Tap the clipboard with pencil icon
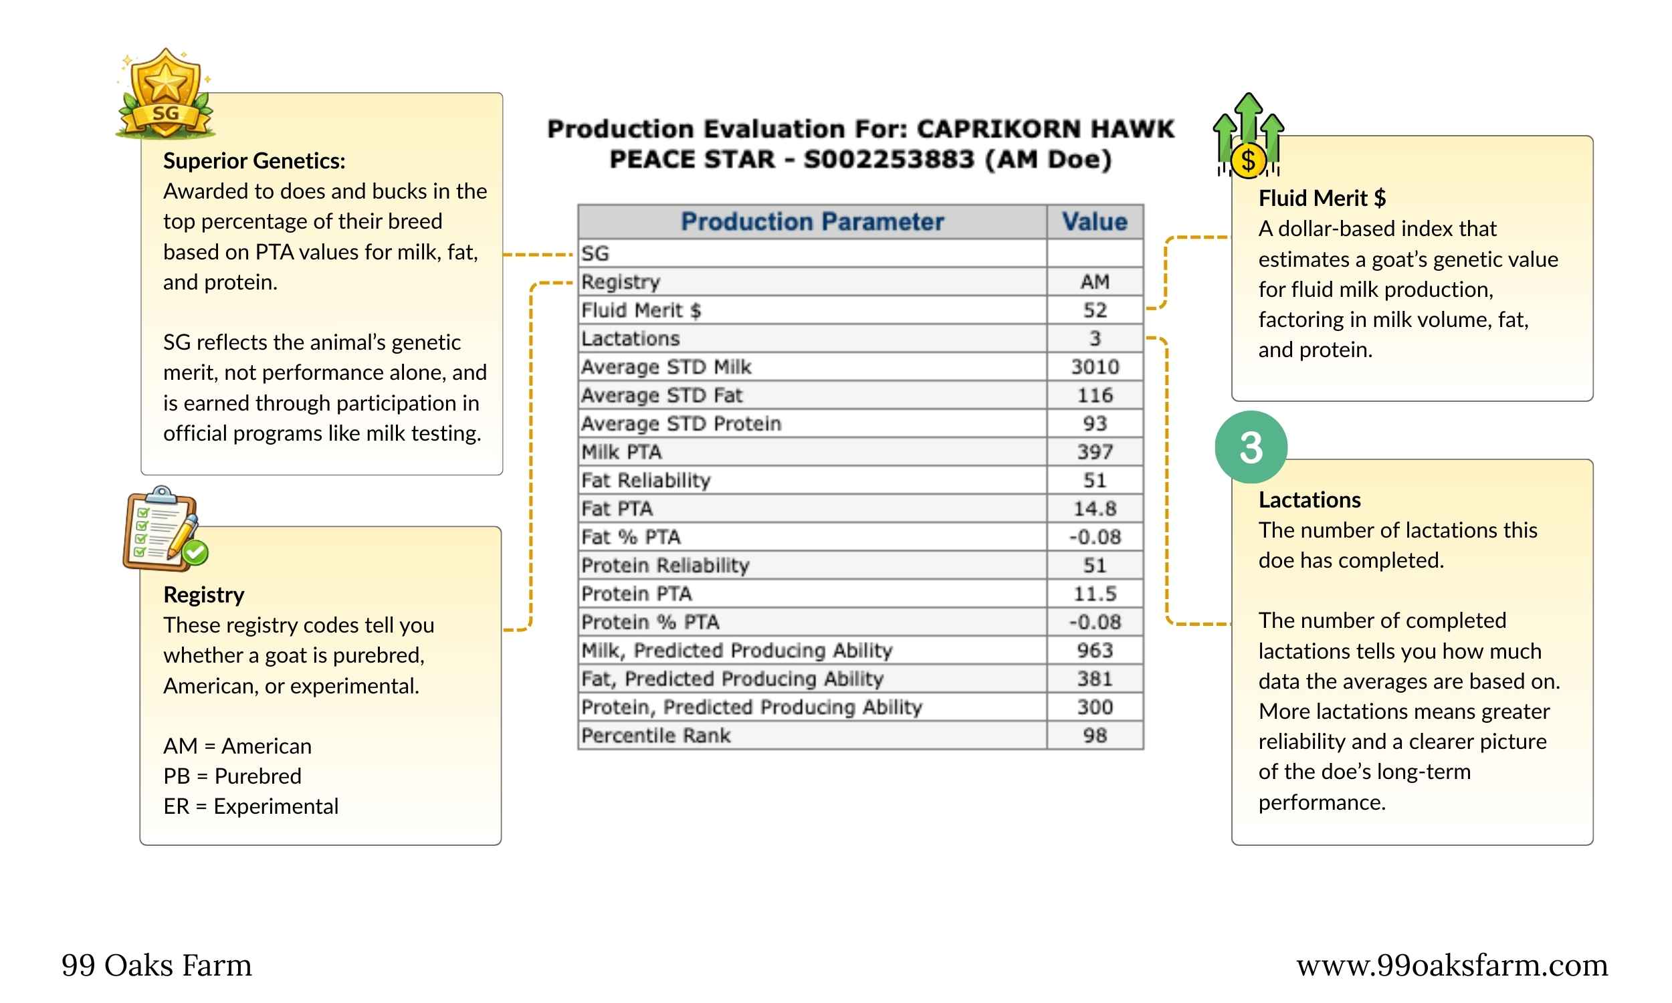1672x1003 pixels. coord(165,528)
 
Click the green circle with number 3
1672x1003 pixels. coord(1250,447)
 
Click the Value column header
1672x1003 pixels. coord(1094,222)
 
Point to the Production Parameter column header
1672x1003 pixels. coord(812,222)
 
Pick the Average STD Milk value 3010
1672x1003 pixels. coord(1094,367)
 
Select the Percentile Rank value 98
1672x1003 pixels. coord(1094,736)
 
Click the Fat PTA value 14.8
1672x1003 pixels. coord(1094,509)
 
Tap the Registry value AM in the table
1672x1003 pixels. coord(1094,282)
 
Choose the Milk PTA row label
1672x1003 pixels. coord(621,452)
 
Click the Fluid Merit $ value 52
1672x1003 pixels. coord(1094,310)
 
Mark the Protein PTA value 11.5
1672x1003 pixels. coord(1094,594)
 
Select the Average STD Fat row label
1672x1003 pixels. coord(661,395)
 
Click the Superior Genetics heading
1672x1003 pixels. coord(254,161)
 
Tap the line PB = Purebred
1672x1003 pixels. coord(233,776)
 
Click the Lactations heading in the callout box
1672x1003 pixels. coord(1309,499)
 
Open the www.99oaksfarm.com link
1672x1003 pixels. coord(1452,965)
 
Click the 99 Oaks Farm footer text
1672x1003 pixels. coord(156,965)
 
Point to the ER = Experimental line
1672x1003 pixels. coord(251,806)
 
